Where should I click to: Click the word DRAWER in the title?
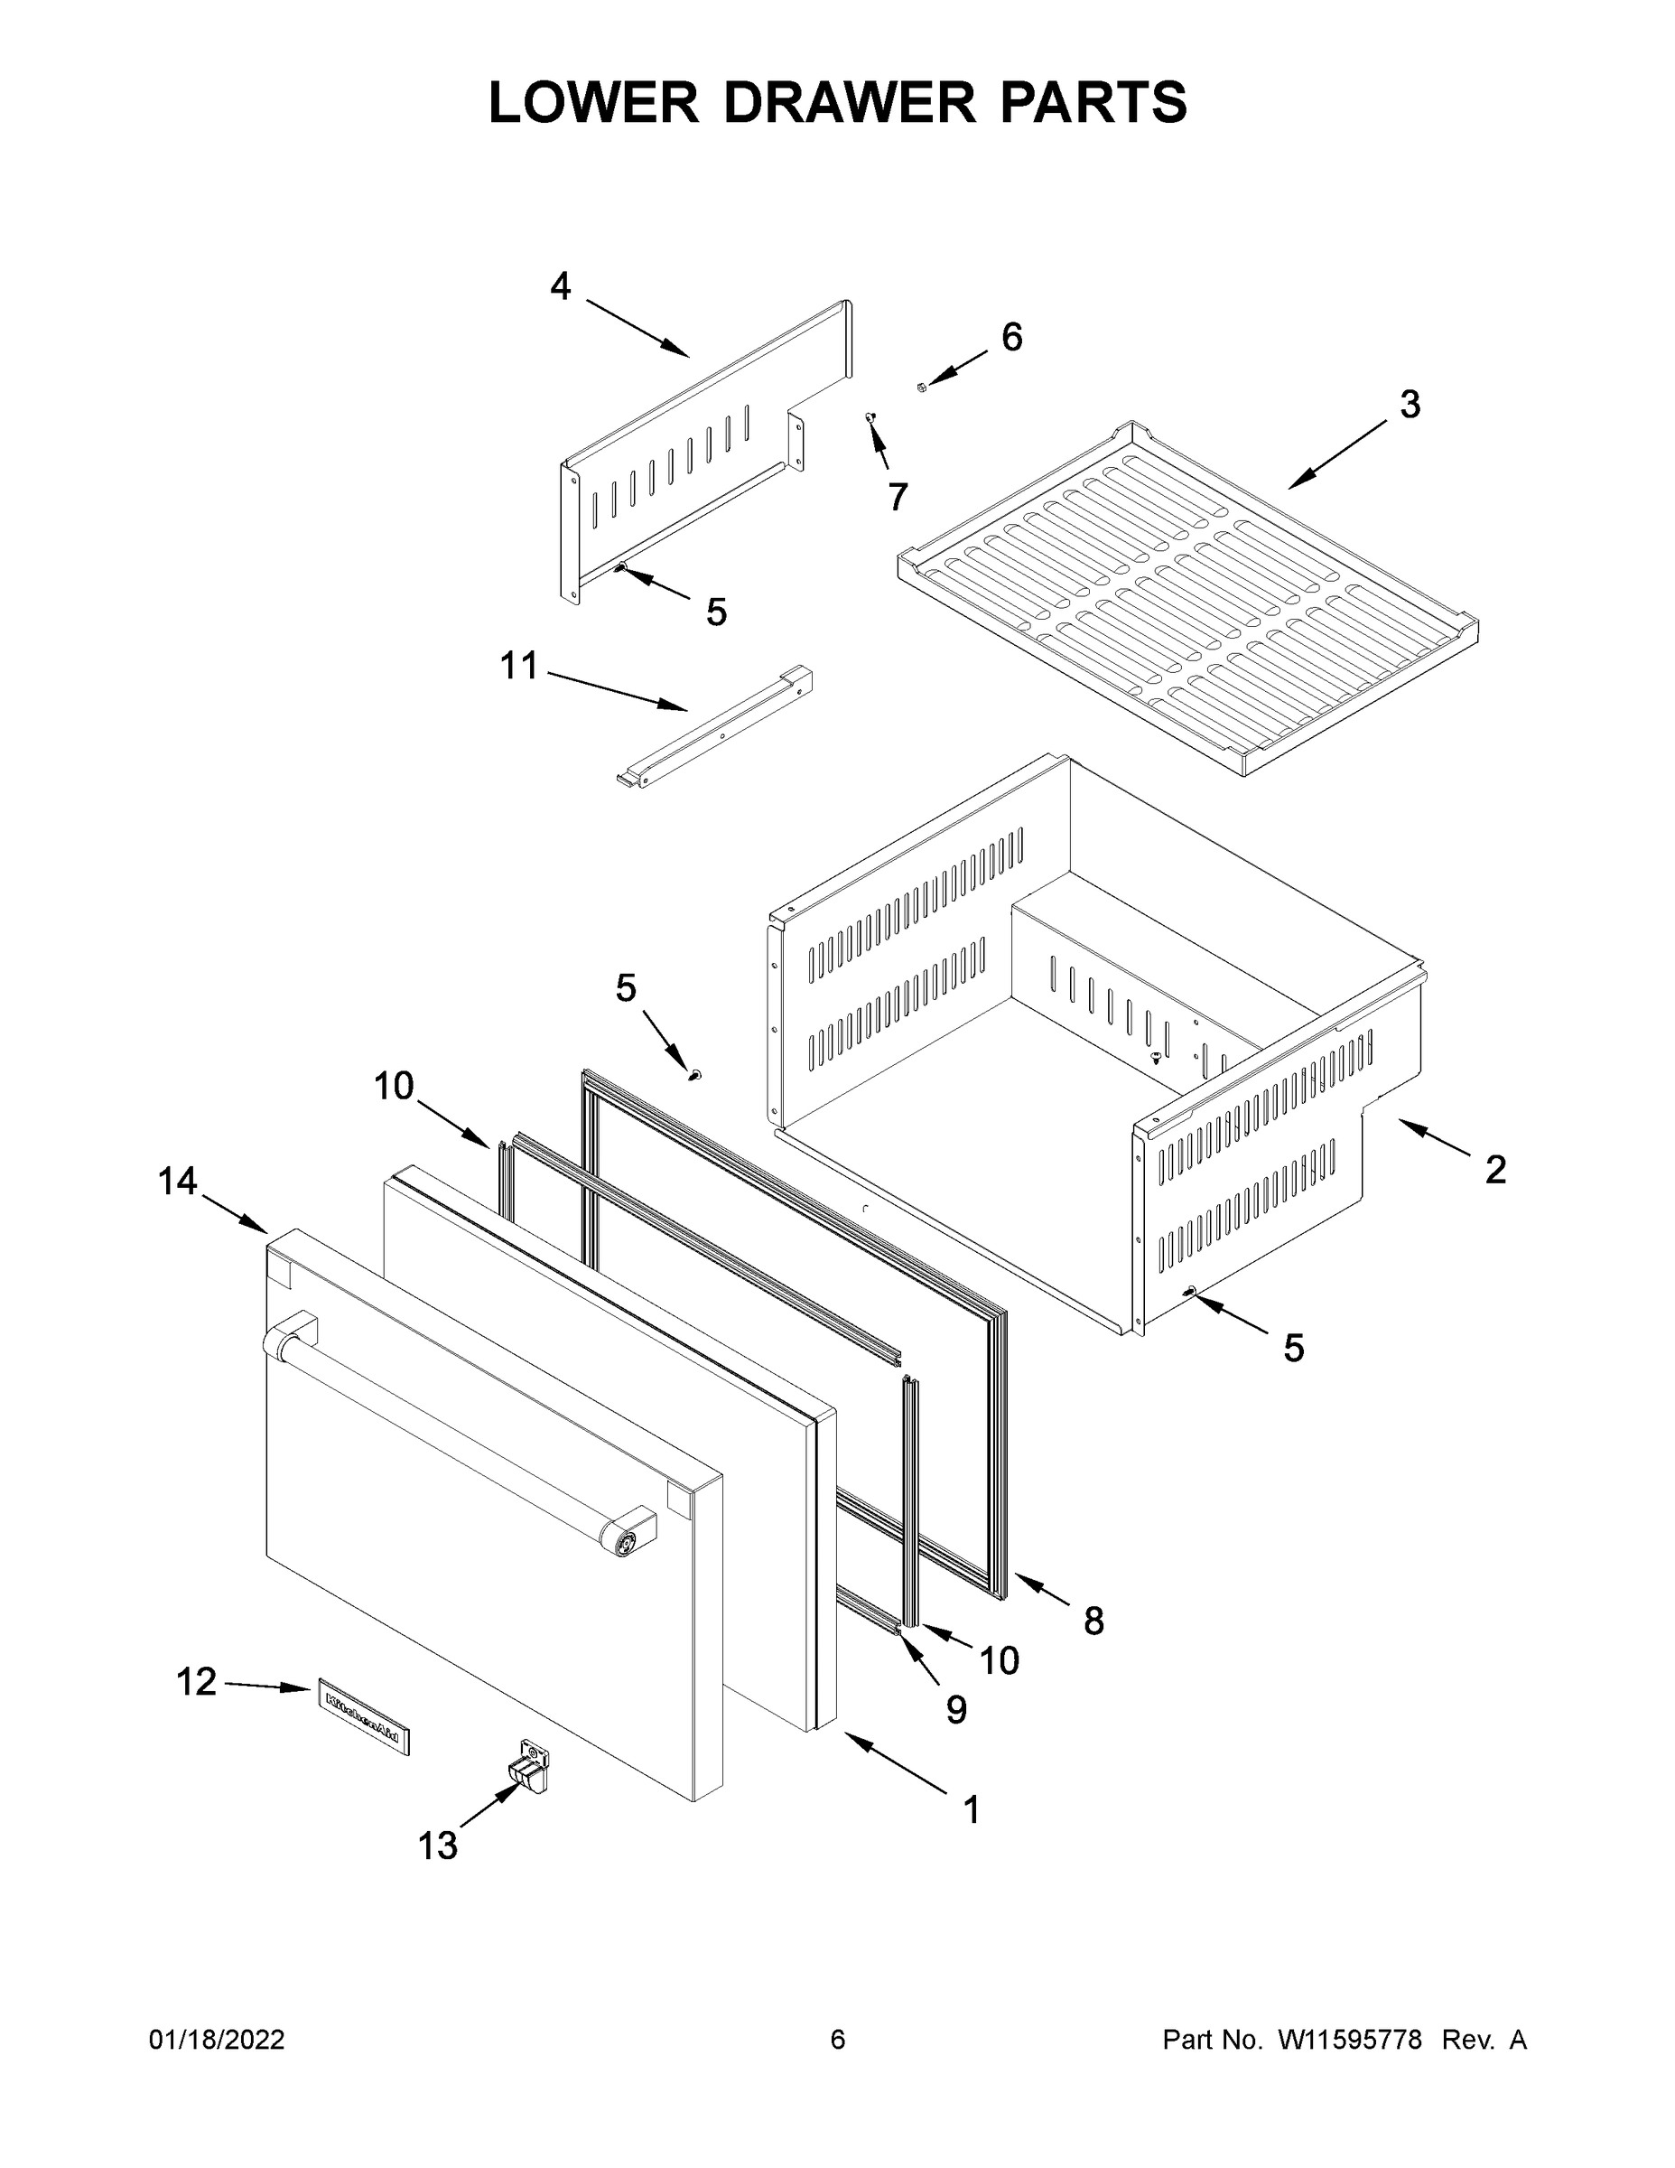click(x=850, y=103)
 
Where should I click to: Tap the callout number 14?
click(x=179, y=1182)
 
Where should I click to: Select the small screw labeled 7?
click(x=870, y=418)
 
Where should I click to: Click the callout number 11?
click(x=518, y=666)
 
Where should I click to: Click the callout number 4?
click(x=561, y=287)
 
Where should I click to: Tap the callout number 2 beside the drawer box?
click(x=1495, y=1170)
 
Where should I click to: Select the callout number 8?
click(x=1093, y=1621)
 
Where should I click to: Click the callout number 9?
click(x=955, y=1709)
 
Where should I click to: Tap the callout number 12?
click(x=197, y=1682)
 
